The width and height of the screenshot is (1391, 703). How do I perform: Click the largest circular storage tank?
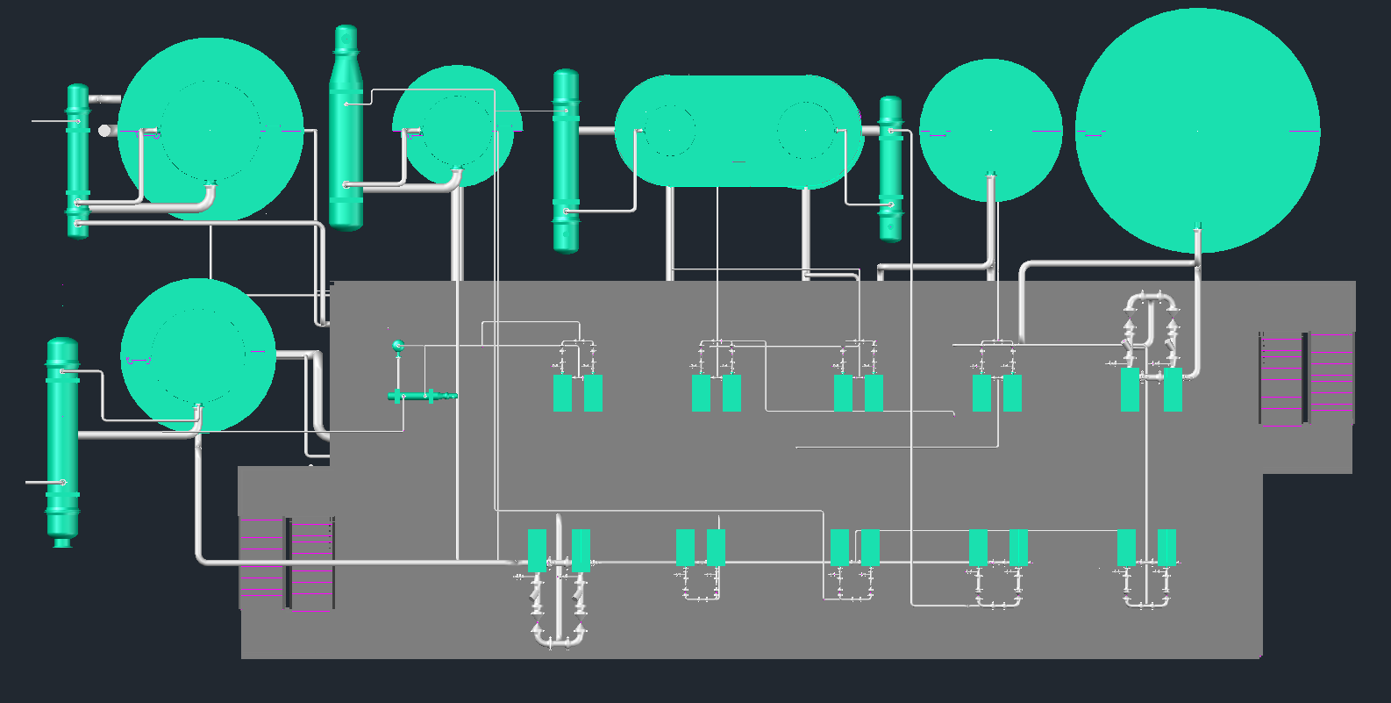pyautogui.click(x=1197, y=132)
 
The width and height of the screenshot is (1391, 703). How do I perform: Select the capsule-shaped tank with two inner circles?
pyautogui.click(x=738, y=132)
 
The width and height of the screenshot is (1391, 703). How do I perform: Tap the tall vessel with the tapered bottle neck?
pyautogui.click(x=346, y=132)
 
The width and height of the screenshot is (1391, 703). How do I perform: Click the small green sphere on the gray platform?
pyautogui.click(x=398, y=345)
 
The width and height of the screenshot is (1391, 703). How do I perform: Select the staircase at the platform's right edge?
pyautogui.click(x=1307, y=378)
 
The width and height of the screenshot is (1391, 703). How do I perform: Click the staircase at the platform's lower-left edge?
pyautogui.click(x=287, y=563)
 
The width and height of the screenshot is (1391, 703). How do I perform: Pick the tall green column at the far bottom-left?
pyautogui.click(x=62, y=439)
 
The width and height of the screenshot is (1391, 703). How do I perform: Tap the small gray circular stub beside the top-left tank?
pyautogui.click(x=105, y=131)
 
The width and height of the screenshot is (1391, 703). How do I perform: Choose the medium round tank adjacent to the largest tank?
pyautogui.click(x=990, y=131)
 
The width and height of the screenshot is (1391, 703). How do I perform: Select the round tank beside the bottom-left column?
pyautogui.click(x=198, y=355)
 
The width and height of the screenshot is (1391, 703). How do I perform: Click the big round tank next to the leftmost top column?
pyautogui.click(x=210, y=130)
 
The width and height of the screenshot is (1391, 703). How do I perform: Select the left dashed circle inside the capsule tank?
pyautogui.click(x=669, y=130)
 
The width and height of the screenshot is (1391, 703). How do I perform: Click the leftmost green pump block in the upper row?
pyautogui.click(x=562, y=393)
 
